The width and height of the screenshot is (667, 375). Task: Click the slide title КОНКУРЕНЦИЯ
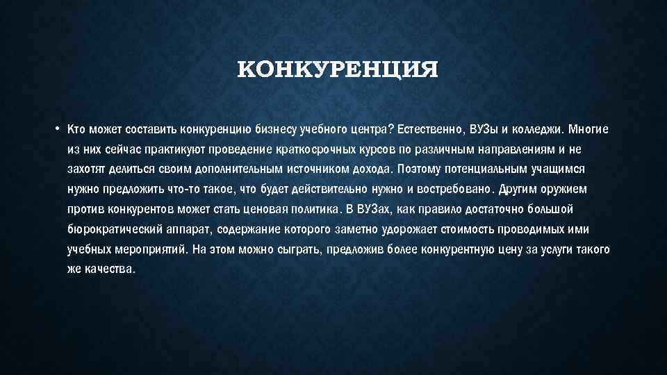click(338, 71)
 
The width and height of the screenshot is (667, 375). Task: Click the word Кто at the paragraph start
click(75, 129)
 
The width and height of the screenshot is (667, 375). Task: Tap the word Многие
click(589, 129)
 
